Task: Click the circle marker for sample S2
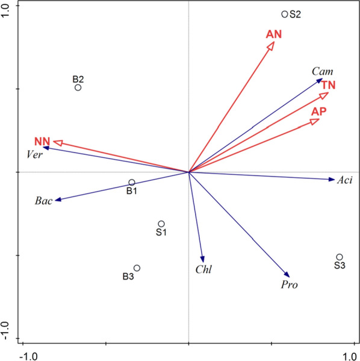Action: (x=285, y=14)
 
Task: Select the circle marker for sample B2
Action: (x=78, y=87)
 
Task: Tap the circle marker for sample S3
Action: (x=340, y=257)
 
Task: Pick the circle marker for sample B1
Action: (x=131, y=183)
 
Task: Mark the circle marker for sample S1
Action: (x=161, y=224)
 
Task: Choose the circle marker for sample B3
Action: (x=137, y=268)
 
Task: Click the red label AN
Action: (x=274, y=34)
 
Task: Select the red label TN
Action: (x=328, y=84)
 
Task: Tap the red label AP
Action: (x=319, y=111)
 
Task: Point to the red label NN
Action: (x=42, y=142)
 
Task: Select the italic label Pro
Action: (x=290, y=284)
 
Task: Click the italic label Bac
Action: (x=44, y=201)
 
